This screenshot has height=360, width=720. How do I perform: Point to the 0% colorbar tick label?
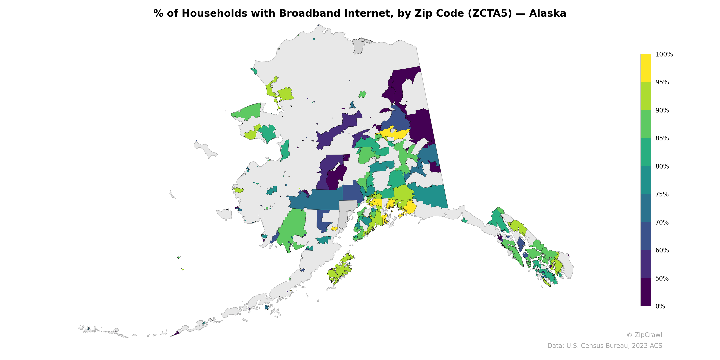[x=660, y=306]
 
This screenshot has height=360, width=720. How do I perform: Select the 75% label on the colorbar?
[x=662, y=194]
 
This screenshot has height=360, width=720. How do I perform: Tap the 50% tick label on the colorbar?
[x=662, y=278]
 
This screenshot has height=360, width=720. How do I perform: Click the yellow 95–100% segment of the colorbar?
[x=646, y=68]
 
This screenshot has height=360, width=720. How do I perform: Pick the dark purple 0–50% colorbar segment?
[x=646, y=292]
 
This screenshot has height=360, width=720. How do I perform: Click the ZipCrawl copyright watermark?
[x=644, y=335]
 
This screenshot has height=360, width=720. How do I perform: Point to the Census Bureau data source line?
[x=605, y=346]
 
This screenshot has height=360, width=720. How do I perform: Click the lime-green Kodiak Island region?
[x=340, y=270]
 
